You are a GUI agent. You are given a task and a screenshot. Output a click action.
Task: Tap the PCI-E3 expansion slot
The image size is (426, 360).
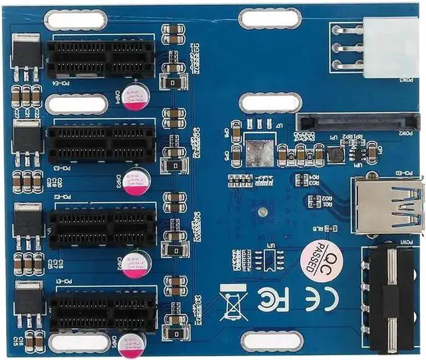click(101, 142)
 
